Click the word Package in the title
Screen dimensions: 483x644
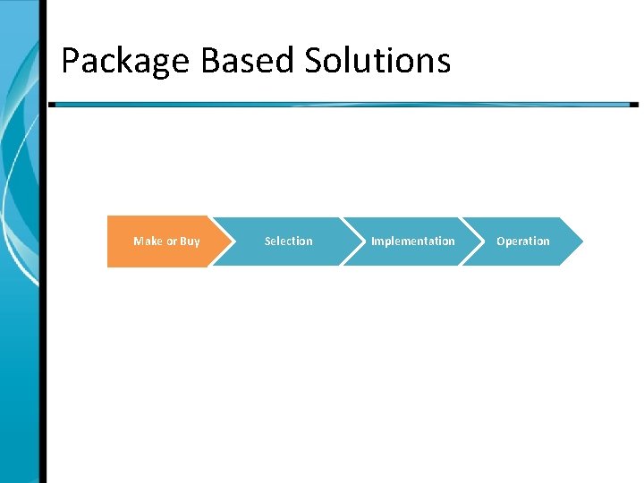point(126,61)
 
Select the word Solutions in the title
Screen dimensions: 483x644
point(377,61)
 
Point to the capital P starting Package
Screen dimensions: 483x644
point(71,61)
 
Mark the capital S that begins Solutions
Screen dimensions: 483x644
point(314,61)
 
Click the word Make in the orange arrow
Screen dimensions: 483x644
point(148,241)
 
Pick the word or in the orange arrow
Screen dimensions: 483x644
point(172,241)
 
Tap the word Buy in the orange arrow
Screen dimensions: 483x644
point(190,241)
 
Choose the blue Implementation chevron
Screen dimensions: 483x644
point(412,241)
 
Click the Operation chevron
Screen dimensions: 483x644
point(523,241)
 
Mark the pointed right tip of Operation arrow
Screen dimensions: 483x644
point(581,241)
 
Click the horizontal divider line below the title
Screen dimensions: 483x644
point(340,105)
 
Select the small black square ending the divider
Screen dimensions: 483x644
point(52,105)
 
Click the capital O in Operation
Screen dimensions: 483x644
point(501,241)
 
